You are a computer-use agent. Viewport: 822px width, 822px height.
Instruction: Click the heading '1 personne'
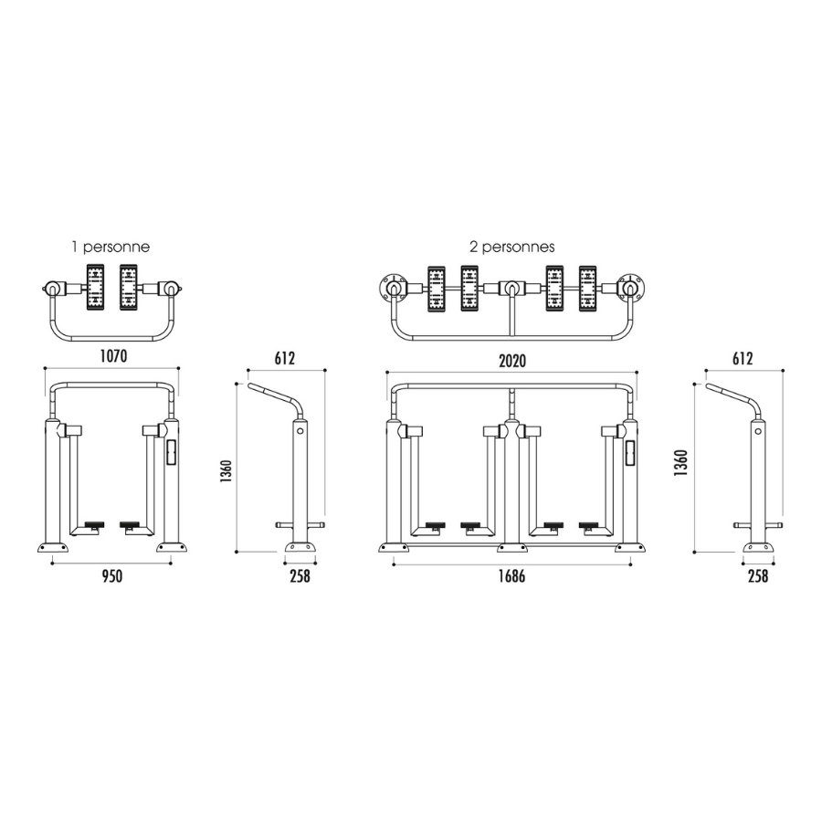[x=111, y=247]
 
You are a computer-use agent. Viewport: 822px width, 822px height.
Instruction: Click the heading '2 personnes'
[x=511, y=247]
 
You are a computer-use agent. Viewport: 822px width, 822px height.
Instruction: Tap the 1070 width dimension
[x=113, y=356]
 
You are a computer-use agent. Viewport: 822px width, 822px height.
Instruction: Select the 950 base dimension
[x=111, y=576]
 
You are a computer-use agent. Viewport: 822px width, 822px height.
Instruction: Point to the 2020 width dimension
[x=512, y=361]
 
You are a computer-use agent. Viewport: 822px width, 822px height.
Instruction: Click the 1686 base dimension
[x=511, y=576]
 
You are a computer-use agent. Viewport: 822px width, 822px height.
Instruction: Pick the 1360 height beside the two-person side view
[x=680, y=463]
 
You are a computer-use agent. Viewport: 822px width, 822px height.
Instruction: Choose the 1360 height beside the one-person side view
[x=226, y=470]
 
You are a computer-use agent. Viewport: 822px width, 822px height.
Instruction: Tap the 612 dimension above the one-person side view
[x=285, y=358]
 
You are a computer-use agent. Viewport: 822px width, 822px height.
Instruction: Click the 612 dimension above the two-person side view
[x=743, y=358]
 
